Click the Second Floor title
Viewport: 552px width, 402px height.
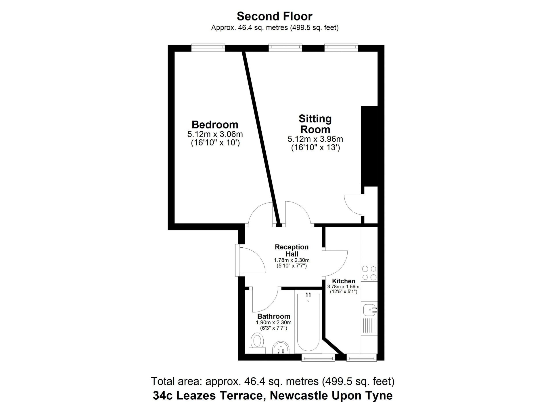pos(274,16)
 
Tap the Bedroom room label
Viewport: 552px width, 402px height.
pos(215,125)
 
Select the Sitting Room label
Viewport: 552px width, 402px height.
pos(315,124)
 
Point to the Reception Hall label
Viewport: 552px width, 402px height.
pos(292,251)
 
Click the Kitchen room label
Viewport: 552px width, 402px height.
pos(344,281)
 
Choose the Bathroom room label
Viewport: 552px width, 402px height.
pos(274,316)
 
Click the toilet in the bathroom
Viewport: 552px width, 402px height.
pos(257,343)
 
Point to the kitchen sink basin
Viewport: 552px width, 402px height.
pos(369,310)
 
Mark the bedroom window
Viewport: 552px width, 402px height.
pos(208,48)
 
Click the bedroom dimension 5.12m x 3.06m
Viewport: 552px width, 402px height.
pos(215,134)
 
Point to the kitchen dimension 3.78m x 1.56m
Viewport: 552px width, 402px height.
pos(343,287)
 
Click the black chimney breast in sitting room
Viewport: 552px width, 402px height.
pos(369,146)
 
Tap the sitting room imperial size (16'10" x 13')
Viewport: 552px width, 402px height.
pos(315,148)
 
